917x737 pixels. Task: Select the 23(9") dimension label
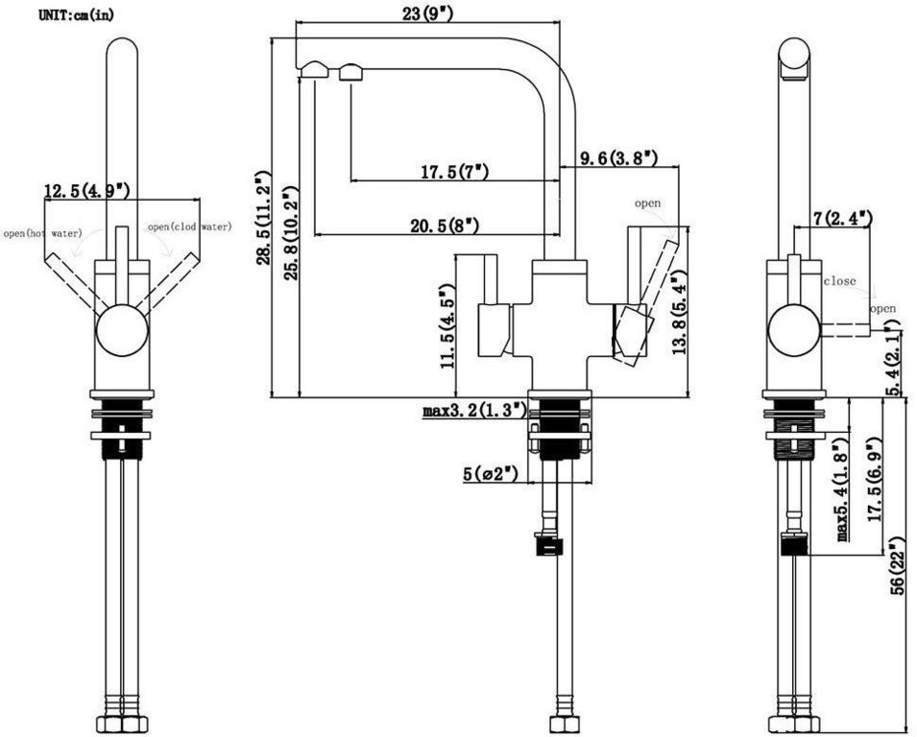[426, 14]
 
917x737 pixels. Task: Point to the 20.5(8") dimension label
[445, 226]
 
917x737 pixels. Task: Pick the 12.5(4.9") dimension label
[86, 191]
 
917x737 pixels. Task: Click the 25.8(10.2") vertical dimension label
[289, 226]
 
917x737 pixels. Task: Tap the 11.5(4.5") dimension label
[446, 327]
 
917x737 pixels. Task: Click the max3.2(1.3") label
[474, 411]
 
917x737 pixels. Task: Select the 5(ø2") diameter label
[490, 473]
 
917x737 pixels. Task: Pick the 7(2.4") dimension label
[842, 219]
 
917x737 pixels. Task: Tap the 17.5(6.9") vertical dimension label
[872, 480]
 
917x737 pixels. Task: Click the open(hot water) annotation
[41, 233]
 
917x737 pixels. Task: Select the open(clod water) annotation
[189, 227]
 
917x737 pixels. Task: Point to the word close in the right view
[839, 281]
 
